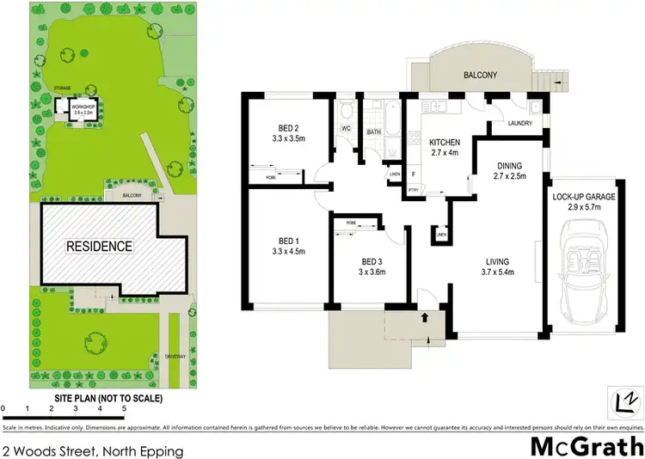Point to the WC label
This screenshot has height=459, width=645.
347,128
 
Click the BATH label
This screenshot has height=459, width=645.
374,132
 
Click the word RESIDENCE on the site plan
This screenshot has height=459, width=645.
101,246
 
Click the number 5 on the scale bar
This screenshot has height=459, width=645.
124,408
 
